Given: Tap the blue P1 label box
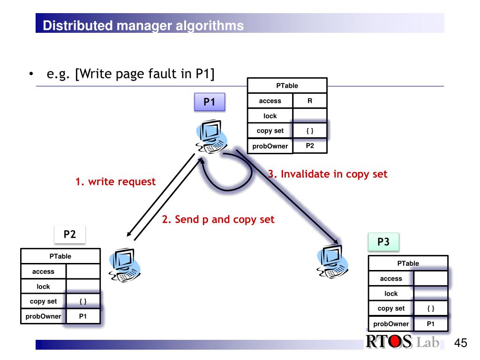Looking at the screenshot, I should (x=209, y=102).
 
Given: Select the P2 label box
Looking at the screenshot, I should (x=69, y=234).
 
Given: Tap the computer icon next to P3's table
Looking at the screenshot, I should (x=332, y=260).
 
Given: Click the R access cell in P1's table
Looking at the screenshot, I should (x=309, y=101).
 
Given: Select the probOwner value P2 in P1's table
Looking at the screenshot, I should (x=309, y=146).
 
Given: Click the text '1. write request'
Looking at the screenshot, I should (x=115, y=182).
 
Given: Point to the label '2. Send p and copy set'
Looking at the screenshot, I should (x=218, y=219).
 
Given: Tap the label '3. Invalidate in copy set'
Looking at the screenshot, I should (x=328, y=174).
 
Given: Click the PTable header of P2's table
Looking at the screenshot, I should (x=60, y=256).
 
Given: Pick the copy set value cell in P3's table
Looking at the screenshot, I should (x=431, y=308).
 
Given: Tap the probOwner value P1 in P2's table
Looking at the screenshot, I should (x=83, y=316).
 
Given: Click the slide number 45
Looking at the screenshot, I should (x=461, y=343).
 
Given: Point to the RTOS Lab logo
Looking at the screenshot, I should (x=402, y=341).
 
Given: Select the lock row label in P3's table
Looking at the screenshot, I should (x=391, y=293).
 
